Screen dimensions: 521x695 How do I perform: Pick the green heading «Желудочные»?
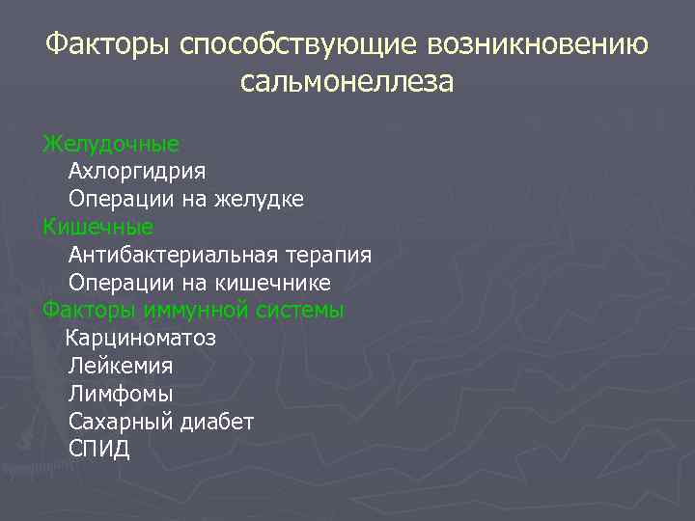(111, 144)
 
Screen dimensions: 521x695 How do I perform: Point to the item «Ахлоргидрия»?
(137, 172)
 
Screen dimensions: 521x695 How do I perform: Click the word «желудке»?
(262, 200)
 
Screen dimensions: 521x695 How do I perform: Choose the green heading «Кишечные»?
(97, 228)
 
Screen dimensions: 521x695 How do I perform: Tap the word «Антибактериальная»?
(174, 256)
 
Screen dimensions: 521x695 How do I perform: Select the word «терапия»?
(329, 256)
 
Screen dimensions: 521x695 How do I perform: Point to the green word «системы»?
(300, 311)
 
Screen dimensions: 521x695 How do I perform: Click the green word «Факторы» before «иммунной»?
(89, 311)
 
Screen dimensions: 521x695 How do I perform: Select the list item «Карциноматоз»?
(140, 339)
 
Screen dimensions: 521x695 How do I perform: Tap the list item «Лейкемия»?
(121, 367)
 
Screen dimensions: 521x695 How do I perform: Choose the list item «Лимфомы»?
(121, 395)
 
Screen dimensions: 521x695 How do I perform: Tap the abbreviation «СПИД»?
(99, 450)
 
